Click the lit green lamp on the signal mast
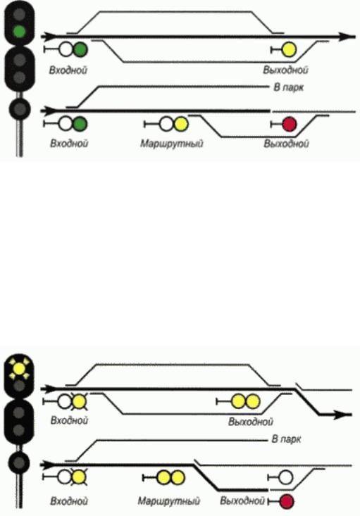[19, 31]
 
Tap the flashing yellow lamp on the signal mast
[19, 369]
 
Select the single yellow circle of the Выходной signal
[290, 50]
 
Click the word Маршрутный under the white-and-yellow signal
[172, 144]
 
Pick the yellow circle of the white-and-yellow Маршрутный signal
[181, 125]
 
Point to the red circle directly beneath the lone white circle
[287, 501]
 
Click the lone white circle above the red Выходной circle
[285, 477]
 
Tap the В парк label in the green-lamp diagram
[289, 88]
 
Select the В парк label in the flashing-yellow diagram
[286, 439]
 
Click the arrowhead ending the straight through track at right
[347, 37]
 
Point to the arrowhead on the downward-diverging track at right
[342, 415]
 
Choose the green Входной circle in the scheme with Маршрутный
[80, 124]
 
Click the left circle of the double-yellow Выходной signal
[238, 401]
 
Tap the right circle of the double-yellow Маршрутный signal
[178, 477]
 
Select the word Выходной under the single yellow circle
[285, 70]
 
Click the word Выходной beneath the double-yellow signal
[251, 422]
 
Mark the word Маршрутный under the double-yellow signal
[168, 501]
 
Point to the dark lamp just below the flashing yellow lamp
[20, 385]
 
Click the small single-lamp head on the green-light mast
[20, 108]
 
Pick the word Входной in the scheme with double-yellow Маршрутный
[69, 501]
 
